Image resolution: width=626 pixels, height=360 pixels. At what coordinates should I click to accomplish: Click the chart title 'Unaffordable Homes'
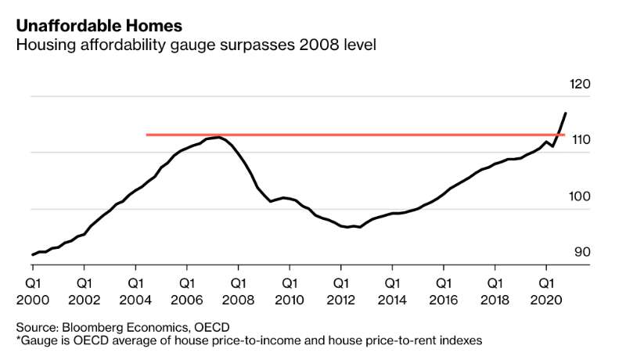(88, 25)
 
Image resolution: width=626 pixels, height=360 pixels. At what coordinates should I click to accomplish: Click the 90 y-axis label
(583, 252)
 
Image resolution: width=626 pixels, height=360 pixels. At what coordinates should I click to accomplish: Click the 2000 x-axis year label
(34, 299)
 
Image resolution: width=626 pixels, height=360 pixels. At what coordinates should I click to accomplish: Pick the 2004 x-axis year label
(136, 299)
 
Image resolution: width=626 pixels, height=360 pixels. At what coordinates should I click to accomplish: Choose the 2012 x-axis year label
(341, 299)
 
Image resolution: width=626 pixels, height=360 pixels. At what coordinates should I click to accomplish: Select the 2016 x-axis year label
(443, 299)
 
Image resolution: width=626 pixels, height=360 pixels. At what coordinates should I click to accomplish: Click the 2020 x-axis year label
(545, 299)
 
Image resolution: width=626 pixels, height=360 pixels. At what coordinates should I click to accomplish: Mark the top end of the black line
(566, 113)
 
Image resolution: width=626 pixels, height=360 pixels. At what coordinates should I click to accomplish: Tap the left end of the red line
(147, 135)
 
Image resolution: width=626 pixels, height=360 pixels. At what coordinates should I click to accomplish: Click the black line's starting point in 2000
(33, 254)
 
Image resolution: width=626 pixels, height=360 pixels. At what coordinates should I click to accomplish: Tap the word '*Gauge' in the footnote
(36, 340)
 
